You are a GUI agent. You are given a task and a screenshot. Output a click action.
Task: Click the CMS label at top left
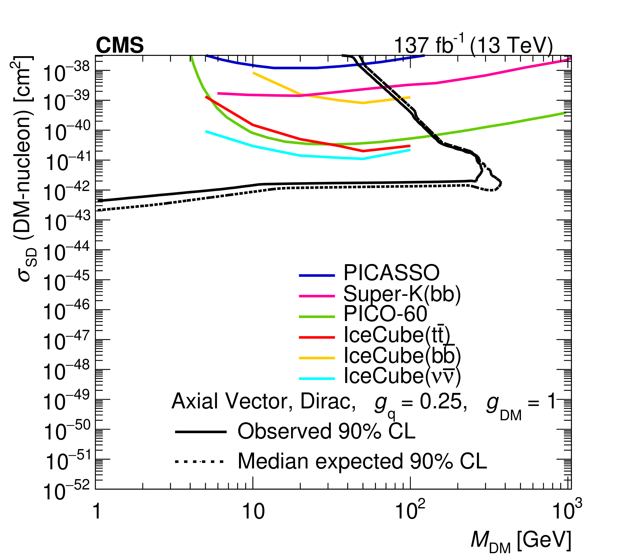(120, 45)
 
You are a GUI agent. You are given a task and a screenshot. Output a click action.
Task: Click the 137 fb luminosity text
(473, 45)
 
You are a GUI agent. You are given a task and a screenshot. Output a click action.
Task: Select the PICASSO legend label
(391, 273)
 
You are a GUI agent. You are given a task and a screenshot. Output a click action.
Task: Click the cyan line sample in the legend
(317, 379)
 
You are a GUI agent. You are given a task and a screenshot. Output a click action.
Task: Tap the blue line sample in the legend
(317, 275)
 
